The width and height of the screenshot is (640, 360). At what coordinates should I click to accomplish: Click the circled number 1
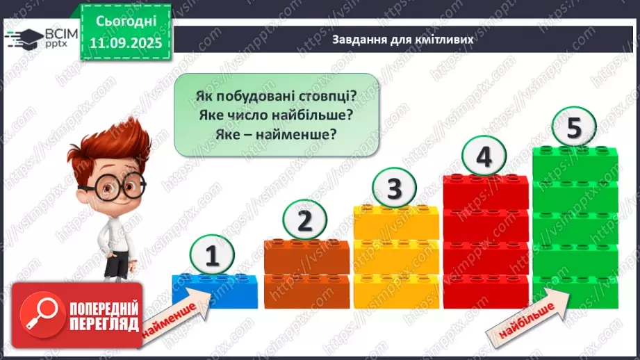coord(213,255)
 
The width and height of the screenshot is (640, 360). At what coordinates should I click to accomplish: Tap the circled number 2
coord(303,222)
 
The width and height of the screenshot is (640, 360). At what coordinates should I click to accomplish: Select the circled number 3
coord(393,188)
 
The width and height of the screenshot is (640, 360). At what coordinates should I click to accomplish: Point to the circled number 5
coord(574,128)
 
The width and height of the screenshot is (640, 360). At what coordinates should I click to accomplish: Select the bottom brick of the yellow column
coord(395,291)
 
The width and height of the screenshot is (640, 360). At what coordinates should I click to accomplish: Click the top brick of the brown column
coord(306,256)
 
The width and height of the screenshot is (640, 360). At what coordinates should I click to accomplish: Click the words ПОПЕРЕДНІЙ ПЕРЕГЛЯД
coord(104,316)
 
